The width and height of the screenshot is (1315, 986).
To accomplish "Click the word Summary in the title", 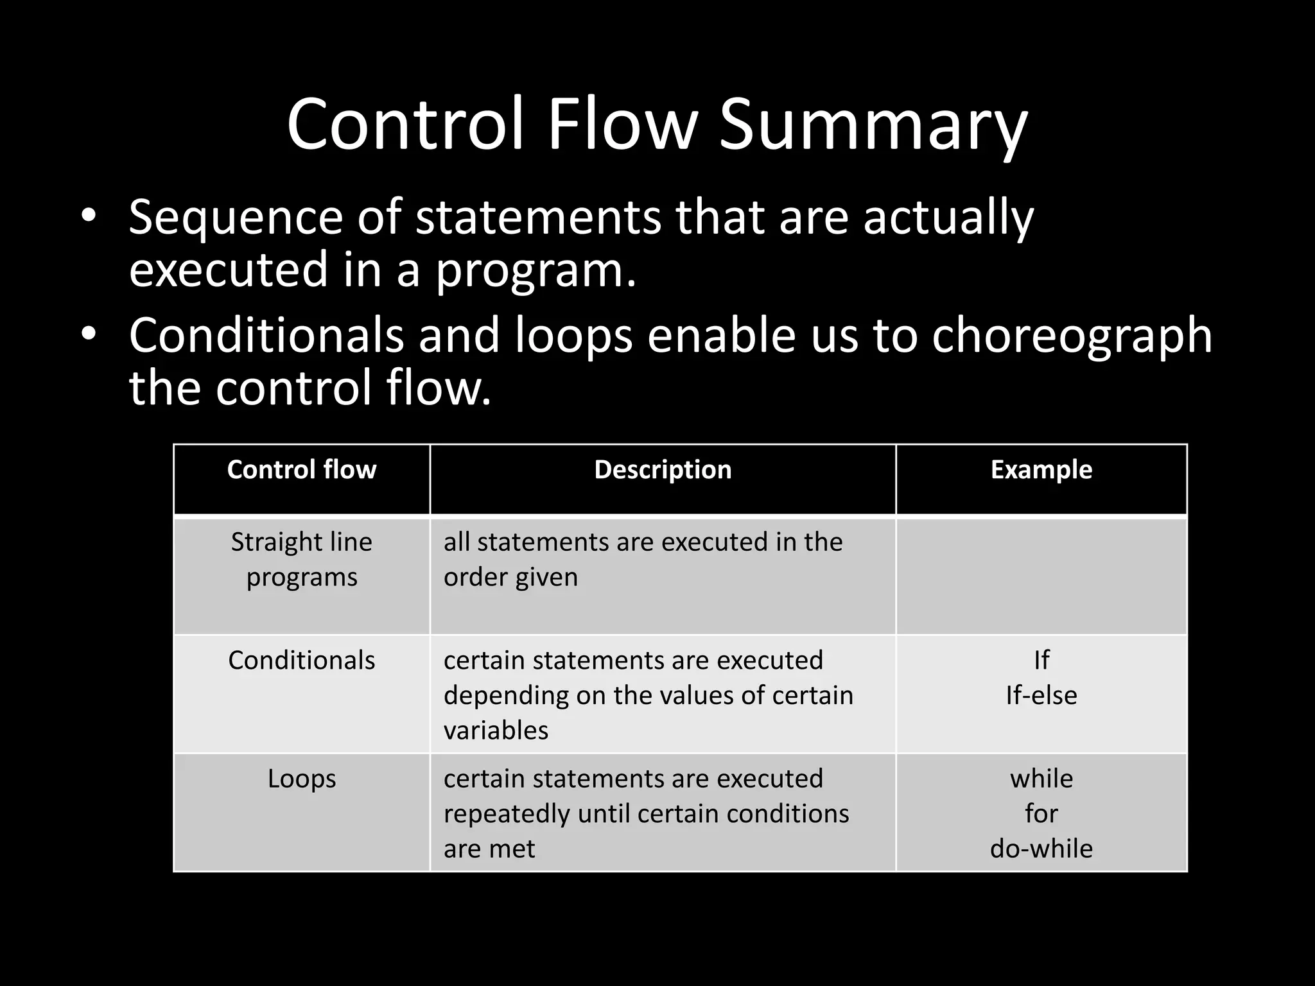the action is [873, 125].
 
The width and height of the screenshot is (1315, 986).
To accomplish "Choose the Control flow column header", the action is [301, 470].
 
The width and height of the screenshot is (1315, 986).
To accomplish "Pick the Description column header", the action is [663, 470].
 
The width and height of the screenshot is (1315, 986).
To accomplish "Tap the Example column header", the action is [1041, 470].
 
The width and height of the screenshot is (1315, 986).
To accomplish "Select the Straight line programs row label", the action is [301, 559].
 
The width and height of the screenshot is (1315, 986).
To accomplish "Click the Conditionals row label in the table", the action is [301, 661].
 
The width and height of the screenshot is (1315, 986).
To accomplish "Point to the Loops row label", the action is [301, 779].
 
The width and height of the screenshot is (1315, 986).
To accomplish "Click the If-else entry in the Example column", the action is [1041, 695].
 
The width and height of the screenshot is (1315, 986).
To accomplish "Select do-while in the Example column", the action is [1041, 849].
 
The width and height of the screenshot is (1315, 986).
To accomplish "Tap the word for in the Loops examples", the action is [1041, 814].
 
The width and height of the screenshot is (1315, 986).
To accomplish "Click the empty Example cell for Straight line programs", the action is [1041, 576].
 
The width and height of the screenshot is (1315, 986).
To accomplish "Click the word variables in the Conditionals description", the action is [496, 731].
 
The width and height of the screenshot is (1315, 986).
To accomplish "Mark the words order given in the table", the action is [510, 577].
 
